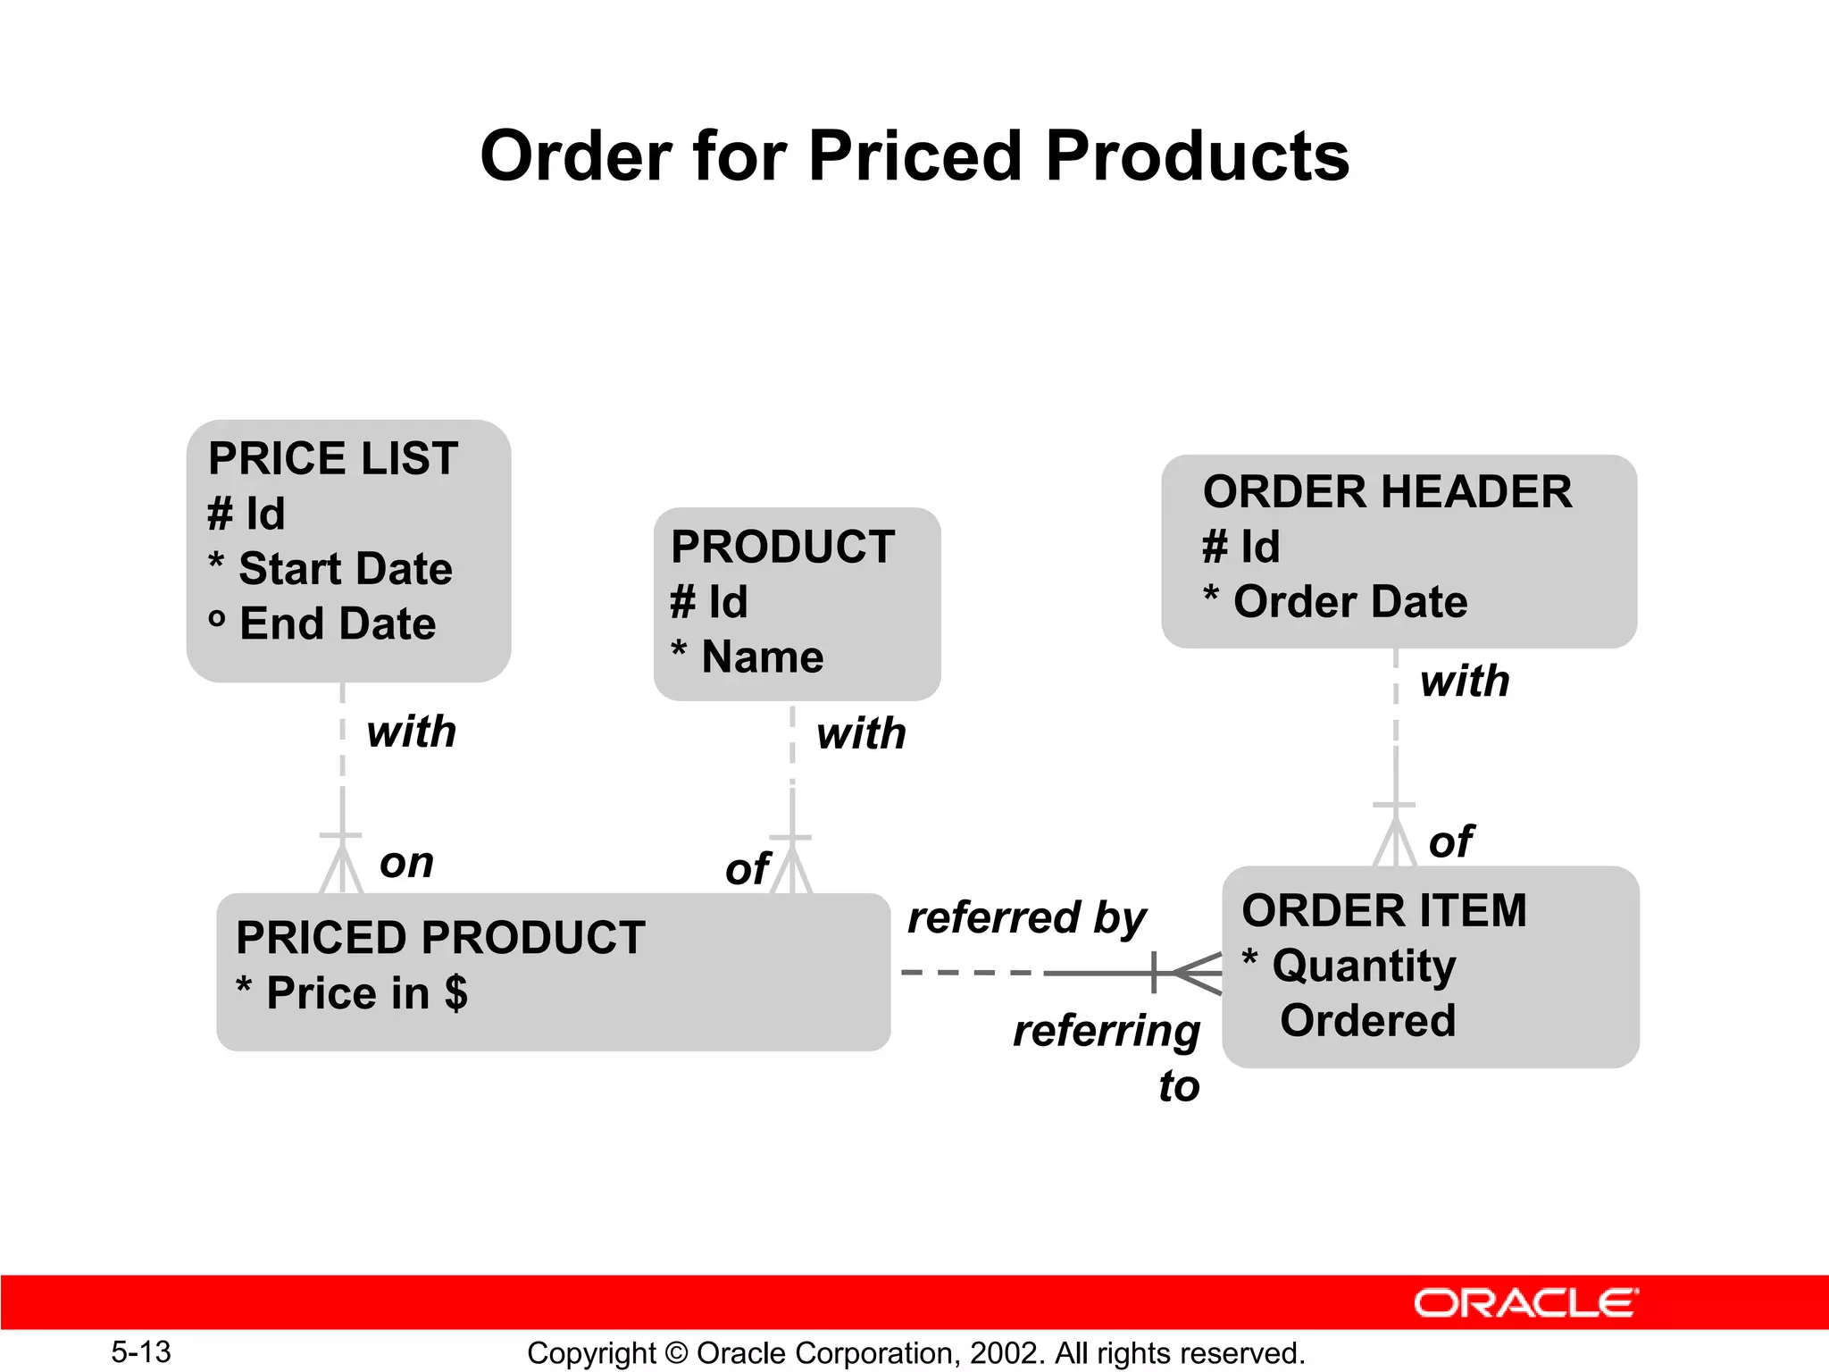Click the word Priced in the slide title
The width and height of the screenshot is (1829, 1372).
coord(914,156)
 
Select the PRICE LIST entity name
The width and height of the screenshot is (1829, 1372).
coord(332,458)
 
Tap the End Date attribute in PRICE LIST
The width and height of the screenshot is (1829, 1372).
coord(337,623)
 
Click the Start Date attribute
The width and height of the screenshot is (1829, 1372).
coord(345,569)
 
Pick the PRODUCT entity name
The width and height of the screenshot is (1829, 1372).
coord(782,547)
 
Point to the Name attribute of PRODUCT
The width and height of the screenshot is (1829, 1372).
coord(762,657)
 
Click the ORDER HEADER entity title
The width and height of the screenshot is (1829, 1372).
coord(1387,492)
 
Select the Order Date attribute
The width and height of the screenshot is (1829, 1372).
coord(1349,602)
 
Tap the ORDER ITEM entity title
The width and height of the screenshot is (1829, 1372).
coord(1383,911)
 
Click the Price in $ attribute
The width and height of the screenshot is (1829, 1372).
coord(366,993)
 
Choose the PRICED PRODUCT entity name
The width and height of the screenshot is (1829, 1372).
coord(440,938)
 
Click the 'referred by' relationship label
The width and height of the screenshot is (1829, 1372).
coord(1026,918)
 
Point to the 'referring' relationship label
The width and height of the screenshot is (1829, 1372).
coord(1106,1031)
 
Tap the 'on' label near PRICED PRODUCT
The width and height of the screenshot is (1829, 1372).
coord(406,864)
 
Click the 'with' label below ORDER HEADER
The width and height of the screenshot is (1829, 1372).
coord(1465,682)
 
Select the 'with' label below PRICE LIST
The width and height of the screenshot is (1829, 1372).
coord(411,732)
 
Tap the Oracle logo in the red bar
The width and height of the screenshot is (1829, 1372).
coord(1525,1303)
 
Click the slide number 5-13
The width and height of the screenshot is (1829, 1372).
coord(141,1352)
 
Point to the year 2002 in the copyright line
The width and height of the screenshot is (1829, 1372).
coord(1004,1353)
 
